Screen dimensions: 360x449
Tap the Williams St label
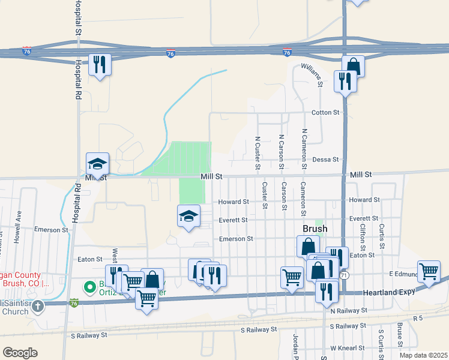pos(312,75)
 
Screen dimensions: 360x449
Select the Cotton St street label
pos(325,112)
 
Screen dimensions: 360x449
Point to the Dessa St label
pos(326,160)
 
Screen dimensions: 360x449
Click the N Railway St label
pos(348,310)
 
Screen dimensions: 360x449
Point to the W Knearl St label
pos(348,348)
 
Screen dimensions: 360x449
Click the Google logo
pos(20,352)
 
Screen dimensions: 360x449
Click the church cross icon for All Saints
pos(38,307)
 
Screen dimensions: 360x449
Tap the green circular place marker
pos(89,288)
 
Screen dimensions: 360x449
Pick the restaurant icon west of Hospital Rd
pos(100,64)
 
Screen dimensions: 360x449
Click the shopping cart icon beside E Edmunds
pos(429,271)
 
